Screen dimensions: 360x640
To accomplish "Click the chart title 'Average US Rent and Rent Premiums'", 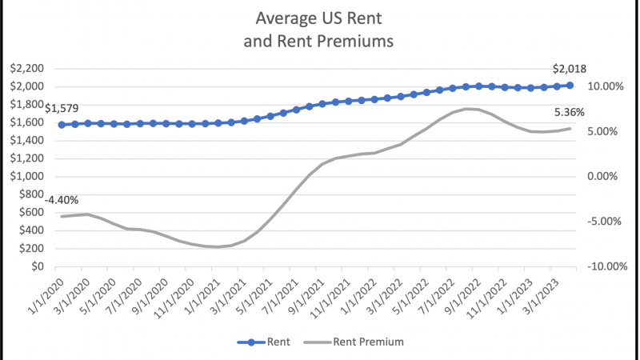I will pyautogui.click(x=320, y=28).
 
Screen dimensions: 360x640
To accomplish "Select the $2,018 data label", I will pyautogui.click(x=570, y=70).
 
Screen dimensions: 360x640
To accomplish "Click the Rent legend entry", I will pyautogui.click(x=264, y=342).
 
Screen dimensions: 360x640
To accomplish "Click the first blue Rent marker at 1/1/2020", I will pyautogui.click(x=62, y=125).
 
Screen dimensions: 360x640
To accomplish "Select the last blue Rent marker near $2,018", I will pyautogui.click(x=570, y=85).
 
